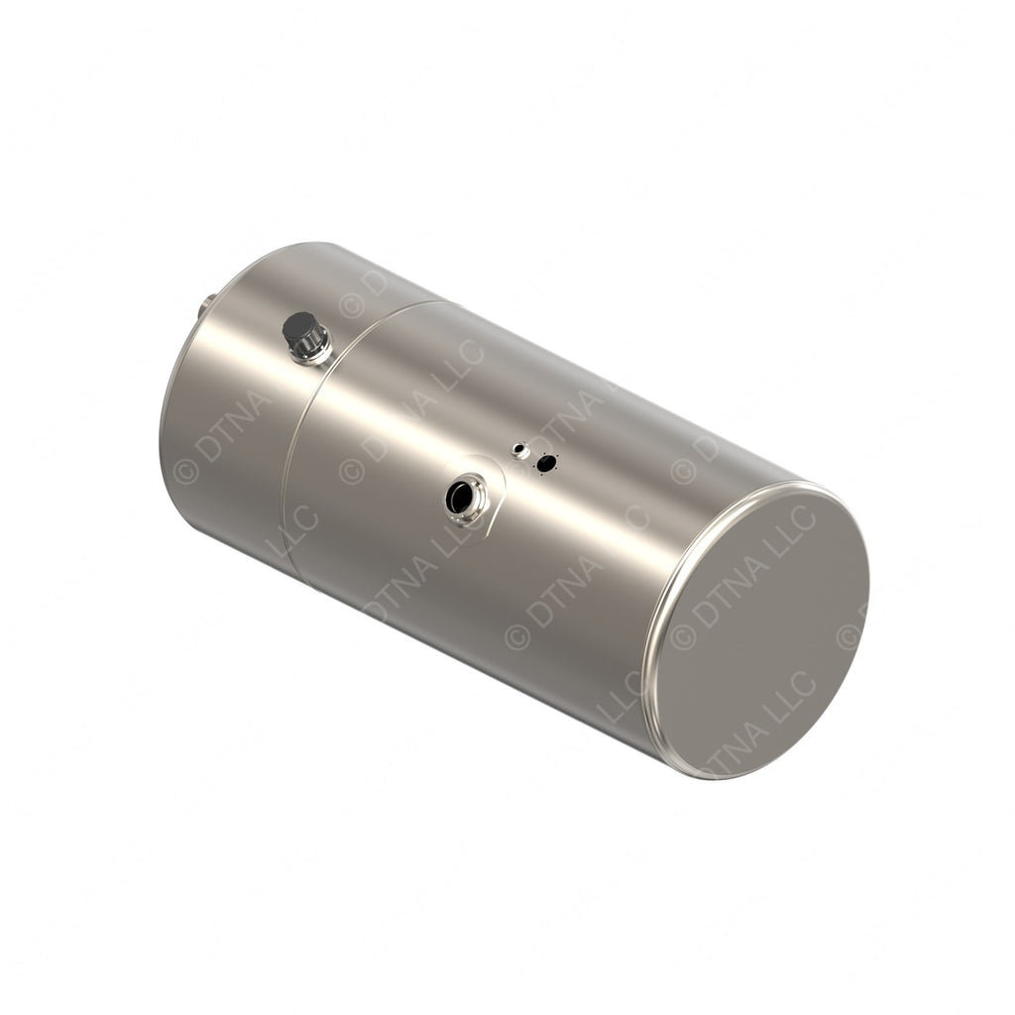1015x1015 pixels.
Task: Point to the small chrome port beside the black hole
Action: [519, 450]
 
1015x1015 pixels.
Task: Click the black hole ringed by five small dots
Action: [545, 463]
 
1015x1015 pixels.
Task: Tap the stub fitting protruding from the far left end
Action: [205, 305]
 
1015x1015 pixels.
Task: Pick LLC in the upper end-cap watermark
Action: [792, 531]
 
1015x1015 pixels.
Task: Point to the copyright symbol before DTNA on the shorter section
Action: [185, 470]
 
